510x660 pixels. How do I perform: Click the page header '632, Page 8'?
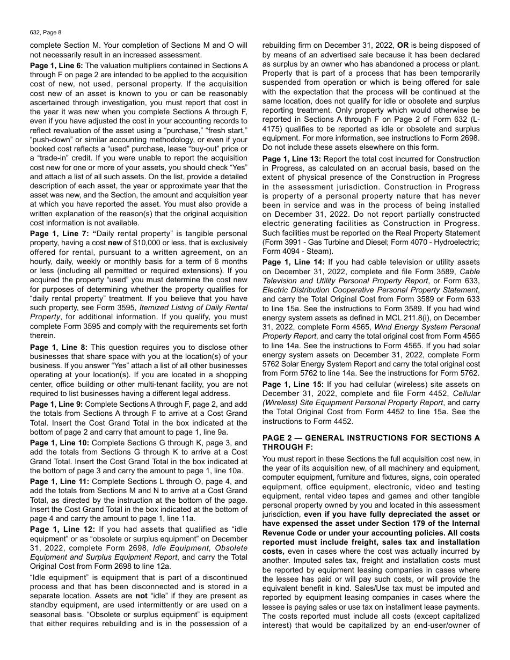(46, 33)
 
